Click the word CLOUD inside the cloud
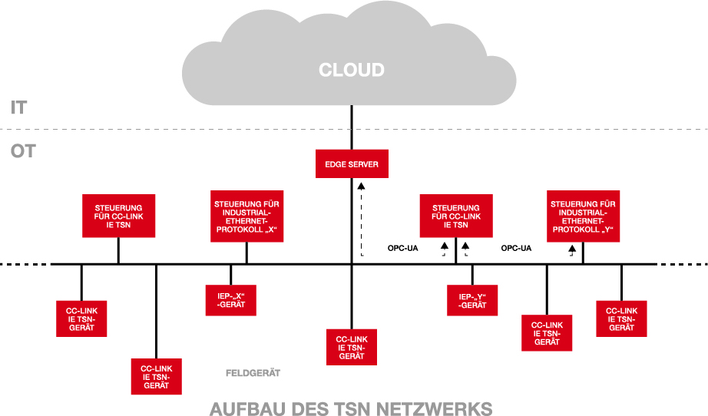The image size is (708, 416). point(351,71)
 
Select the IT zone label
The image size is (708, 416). point(19,107)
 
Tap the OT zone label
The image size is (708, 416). point(22,151)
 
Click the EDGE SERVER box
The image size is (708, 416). point(352,164)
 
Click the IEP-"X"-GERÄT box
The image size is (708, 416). point(230,299)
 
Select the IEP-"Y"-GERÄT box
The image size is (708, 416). point(472,299)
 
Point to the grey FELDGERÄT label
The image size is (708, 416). point(253,373)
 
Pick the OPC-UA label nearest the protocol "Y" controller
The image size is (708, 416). point(516,248)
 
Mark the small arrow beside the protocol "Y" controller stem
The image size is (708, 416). point(572,250)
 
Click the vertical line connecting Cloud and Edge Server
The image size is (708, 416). point(352,127)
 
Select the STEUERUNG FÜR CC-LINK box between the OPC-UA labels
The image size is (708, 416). point(456,216)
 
